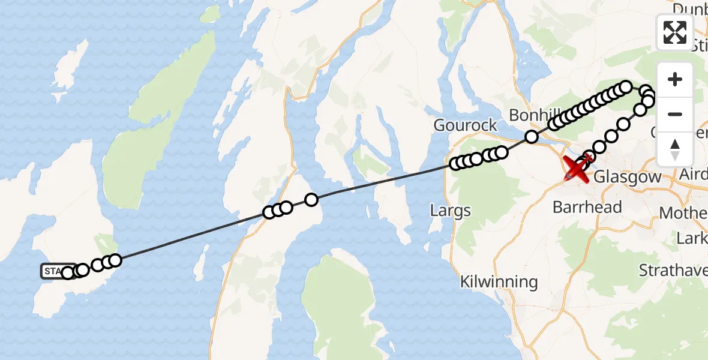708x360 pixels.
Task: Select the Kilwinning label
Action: (499, 281)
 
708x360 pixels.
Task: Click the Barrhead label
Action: (578, 208)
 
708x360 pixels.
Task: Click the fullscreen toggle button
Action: (675, 32)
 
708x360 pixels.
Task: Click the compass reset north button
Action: (675, 149)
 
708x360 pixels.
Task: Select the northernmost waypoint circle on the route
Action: (626, 87)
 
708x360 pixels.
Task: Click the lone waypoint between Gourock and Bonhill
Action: (532, 137)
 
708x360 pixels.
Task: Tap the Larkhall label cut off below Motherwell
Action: (691, 239)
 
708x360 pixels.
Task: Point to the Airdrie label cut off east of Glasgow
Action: (695, 174)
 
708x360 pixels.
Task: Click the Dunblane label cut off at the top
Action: (690, 8)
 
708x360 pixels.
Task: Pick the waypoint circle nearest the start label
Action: (68, 273)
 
